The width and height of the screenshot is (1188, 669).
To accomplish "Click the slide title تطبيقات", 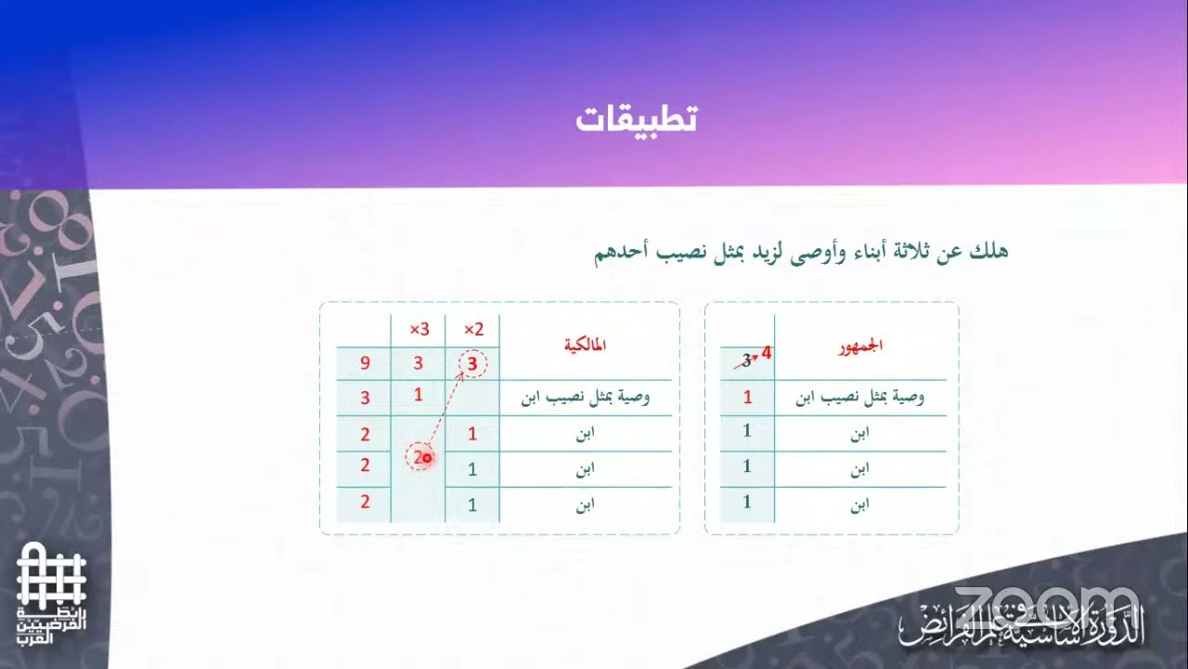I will coord(636,119).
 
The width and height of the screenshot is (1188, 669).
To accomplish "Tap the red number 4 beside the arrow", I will coord(767,353).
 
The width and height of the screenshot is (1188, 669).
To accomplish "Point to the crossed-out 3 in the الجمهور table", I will coord(745,361).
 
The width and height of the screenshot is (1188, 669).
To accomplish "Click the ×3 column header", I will coord(420,330).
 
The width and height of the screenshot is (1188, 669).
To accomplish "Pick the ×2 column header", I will coord(473,330).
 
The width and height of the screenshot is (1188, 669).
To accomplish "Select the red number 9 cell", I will coord(365,364).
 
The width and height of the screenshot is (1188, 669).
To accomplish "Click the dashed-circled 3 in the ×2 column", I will coord(472,364).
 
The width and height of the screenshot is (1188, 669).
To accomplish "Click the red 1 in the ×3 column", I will coord(419,394).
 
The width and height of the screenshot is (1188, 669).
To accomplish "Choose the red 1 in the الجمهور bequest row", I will coord(747,398).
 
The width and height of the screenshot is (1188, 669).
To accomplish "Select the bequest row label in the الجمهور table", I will coord(860,398).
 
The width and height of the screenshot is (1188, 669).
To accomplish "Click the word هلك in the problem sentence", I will coord(989,251).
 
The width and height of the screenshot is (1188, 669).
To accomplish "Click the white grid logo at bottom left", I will coord(51,576).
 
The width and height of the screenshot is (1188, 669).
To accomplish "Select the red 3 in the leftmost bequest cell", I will coord(365,399).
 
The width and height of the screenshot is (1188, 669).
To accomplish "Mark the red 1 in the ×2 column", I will coord(472,433).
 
